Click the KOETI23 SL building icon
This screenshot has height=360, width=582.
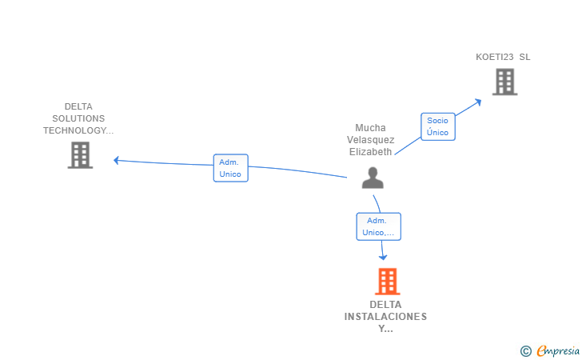[x=504, y=82]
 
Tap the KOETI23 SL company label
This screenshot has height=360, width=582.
[x=503, y=57]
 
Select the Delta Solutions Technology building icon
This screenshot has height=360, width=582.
[x=80, y=155]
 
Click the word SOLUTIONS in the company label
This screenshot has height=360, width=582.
[x=78, y=118]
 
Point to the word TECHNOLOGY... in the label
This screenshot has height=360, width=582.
[x=78, y=130]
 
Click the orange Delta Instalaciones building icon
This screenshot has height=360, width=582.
[x=388, y=282]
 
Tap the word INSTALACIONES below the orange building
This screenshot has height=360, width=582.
[x=385, y=317]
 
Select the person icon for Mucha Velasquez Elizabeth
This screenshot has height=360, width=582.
[x=373, y=178]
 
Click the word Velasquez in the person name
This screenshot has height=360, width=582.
[x=370, y=140]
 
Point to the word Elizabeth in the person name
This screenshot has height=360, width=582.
[x=370, y=151]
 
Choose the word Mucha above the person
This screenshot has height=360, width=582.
[x=370, y=128]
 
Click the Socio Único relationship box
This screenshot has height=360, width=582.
[x=438, y=126]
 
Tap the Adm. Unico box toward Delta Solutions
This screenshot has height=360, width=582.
[x=230, y=168]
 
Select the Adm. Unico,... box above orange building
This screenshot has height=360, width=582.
[x=379, y=226]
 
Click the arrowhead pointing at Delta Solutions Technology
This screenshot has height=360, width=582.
[x=116, y=160]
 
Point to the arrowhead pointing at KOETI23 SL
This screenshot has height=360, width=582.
[x=478, y=102]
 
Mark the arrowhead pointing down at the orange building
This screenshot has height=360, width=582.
[x=383, y=257]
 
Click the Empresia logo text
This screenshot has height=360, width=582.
[x=558, y=350]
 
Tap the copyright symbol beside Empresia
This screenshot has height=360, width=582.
[x=526, y=351]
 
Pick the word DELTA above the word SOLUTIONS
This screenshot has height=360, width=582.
[x=78, y=106]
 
